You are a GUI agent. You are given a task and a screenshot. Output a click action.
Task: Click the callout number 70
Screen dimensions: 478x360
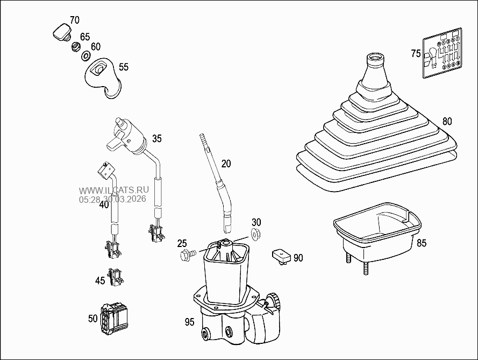74,20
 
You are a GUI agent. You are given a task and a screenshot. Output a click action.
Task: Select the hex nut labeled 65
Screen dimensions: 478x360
76,47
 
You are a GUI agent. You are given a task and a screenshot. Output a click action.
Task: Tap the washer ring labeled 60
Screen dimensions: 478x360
85,56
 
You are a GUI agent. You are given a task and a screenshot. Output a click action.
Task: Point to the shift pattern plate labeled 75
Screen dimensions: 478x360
442,53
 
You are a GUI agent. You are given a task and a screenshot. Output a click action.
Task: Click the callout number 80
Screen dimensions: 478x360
447,122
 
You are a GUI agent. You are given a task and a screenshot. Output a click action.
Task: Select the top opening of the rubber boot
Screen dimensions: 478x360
375,58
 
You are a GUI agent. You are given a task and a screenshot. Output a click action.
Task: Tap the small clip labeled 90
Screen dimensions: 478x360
281,256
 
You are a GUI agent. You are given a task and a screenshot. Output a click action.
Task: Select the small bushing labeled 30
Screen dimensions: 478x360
255,234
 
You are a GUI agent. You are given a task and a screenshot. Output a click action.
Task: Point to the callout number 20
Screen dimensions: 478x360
226,164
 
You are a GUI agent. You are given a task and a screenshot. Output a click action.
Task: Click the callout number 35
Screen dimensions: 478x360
156,138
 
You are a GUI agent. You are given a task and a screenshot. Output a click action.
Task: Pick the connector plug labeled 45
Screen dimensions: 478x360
115,277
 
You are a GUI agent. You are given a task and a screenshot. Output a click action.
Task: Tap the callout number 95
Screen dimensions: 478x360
189,322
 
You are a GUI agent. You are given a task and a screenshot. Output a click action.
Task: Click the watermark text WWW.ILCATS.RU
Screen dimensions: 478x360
114,190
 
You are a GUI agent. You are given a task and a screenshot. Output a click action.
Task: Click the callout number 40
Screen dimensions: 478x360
104,204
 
